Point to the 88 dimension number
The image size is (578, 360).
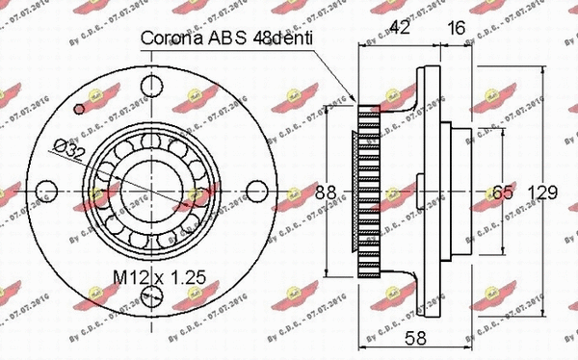327,193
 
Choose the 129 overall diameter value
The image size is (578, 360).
545,193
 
